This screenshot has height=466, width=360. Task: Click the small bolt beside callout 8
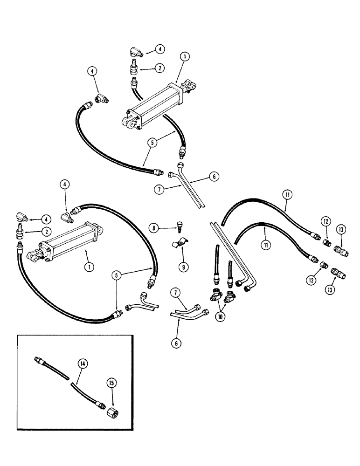point(180,227)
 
